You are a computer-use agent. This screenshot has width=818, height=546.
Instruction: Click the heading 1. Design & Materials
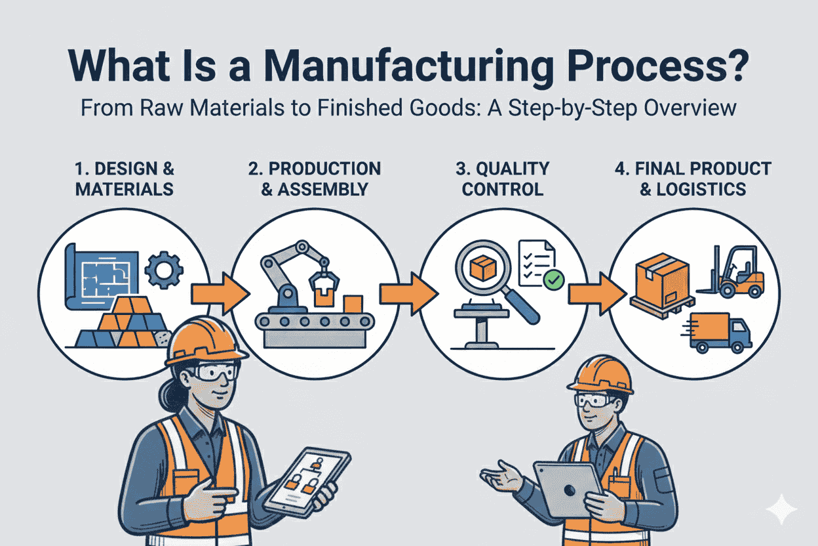pos(125,178)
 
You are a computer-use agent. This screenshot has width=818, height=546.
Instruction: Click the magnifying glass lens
pos(484,270)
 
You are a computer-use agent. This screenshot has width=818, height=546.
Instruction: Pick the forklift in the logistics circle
pos(734,272)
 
